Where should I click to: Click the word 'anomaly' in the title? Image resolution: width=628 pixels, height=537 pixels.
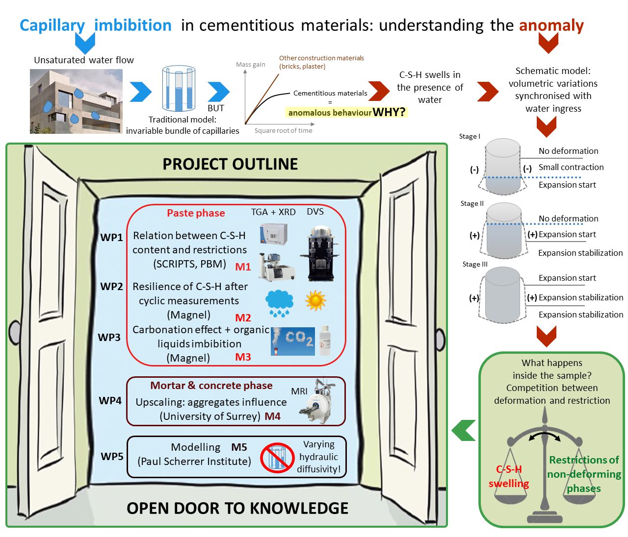tap(551, 25)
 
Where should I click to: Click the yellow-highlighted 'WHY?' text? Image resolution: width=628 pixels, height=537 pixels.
tap(389, 112)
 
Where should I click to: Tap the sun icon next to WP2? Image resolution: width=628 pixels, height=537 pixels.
tap(315, 300)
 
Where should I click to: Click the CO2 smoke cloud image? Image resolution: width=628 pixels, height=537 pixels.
tap(293, 341)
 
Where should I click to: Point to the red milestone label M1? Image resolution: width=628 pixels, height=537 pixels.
tap(243, 267)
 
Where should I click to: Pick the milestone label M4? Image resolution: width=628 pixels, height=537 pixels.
tap(273, 416)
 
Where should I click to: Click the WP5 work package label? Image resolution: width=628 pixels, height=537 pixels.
tap(112, 456)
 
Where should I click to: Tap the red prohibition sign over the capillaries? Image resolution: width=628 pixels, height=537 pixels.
tap(277, 458)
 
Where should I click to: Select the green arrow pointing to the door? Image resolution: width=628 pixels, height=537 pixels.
tap(464, 430)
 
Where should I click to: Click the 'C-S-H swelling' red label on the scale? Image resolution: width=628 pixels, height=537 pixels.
tap(509, 476)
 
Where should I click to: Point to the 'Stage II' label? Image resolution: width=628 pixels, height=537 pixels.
tap(472, 203)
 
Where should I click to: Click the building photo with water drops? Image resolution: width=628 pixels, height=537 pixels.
tap(76, 101)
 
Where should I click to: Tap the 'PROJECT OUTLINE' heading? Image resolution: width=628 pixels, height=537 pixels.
tap(230, 164)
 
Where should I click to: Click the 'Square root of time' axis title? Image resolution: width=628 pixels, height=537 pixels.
tap(283, 130)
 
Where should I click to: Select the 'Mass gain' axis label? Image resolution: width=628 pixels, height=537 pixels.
tap(250, 64)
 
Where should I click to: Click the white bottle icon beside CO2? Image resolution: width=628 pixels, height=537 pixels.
tap(325, 341)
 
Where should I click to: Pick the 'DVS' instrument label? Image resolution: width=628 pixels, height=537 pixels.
tap(315, 211)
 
